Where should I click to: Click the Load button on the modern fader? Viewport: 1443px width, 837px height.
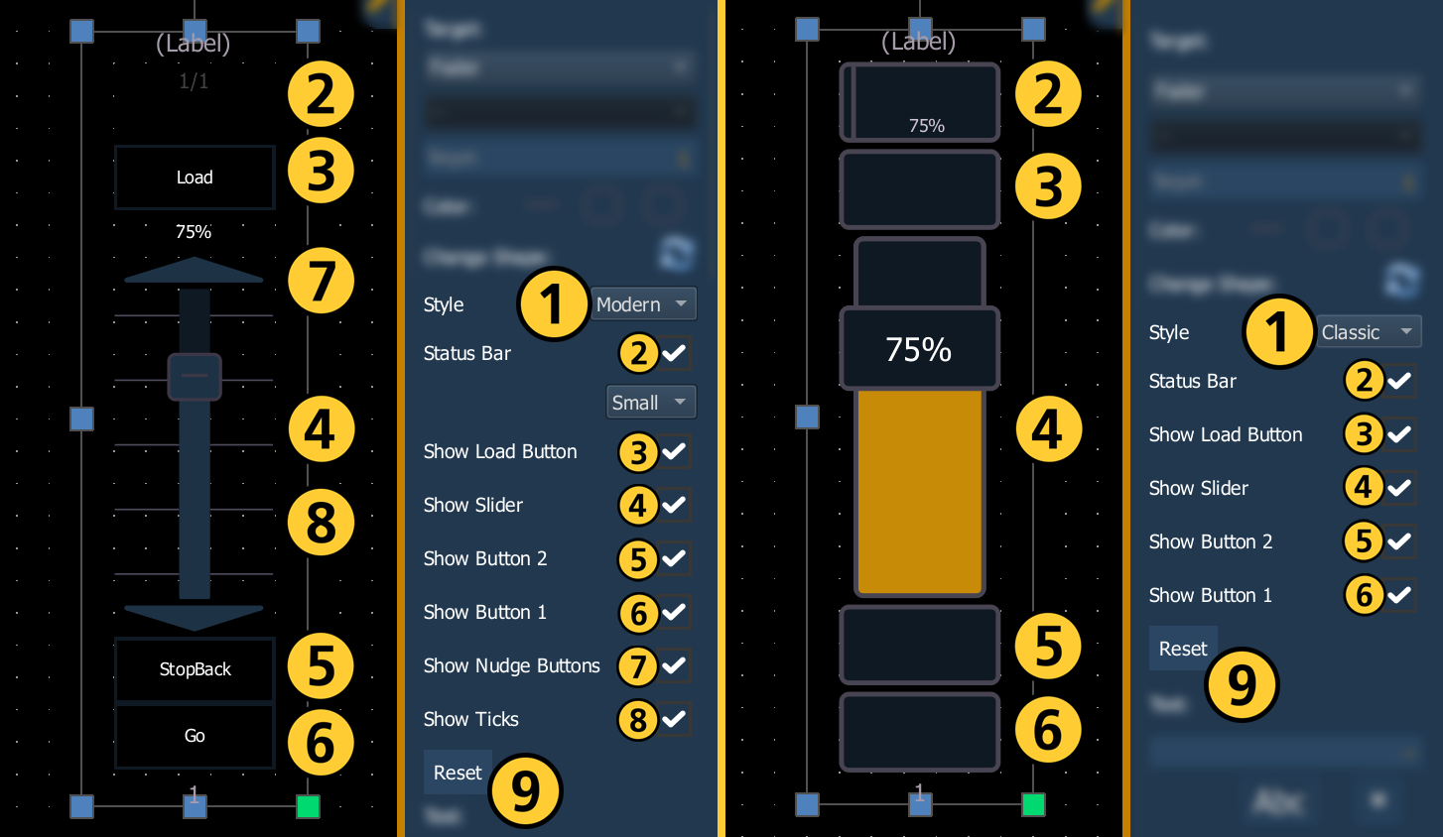click(x=195, y=178)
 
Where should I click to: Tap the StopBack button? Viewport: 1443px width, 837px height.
click(x=195, y=669)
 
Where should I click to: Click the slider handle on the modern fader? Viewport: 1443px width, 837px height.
click(x=195, y=377)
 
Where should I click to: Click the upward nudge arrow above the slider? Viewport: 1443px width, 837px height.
click(x=195, y=271)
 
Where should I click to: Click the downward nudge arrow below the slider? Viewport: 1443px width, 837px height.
click(x=195, y=617)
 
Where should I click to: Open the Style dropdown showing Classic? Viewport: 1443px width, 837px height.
click(x=1369, y=332)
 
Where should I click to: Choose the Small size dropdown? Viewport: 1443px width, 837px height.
click(x=651, y=402)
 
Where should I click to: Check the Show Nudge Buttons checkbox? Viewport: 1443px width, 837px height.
click(x=675, y=665)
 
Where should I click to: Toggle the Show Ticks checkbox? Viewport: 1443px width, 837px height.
click(x=675, y=719)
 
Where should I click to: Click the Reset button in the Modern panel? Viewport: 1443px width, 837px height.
click(x=458, y=773)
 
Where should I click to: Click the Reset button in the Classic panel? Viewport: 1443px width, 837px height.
click(x=1183, y=649)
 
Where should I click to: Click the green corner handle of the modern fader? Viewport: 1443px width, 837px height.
click(x=308, y=806)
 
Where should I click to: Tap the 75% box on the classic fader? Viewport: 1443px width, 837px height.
click(x=919, y=349)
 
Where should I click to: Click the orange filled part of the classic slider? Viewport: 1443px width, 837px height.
click(x=919, y=491)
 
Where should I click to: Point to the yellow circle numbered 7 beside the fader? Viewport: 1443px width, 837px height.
click(x=321, y=282)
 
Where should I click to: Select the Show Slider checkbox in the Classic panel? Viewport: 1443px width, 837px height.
click(x=1400, y=488)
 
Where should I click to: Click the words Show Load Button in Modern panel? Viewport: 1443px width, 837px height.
click(x=500, y=451)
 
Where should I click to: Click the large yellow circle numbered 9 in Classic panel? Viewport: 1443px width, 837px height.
click(x=1242, y=685)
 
